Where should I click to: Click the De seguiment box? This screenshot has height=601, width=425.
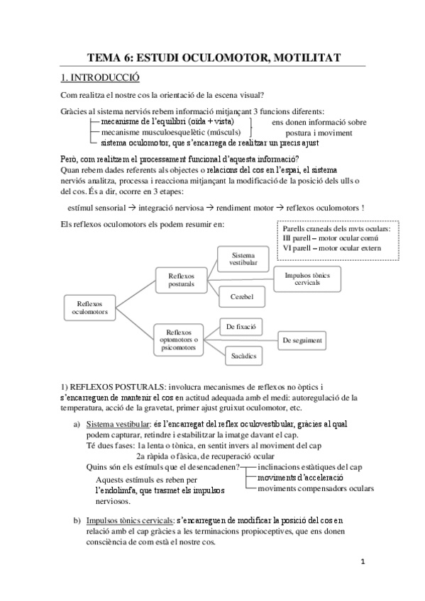pyautogui.click(x=302, y=340)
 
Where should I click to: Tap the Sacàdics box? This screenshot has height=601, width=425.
pyautogui.click(x=241, y=354)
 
